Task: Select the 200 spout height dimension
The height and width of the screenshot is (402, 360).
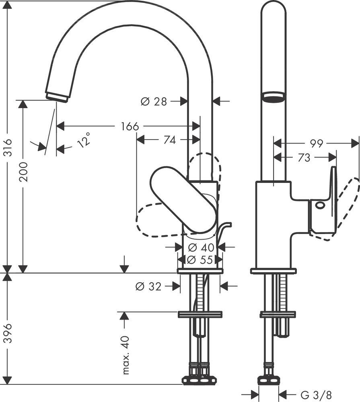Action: pyautogui.click(x=23, y=172)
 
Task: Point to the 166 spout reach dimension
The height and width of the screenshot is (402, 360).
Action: pyautogui.click(x=130, y=126)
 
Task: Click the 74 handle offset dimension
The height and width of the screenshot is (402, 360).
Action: pyautogui.click(x=169, y=140)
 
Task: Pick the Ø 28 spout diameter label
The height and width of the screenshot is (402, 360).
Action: pyautogui.click(x=154, y=102)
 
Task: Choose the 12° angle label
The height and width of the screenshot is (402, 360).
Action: pyautogui.click(x=84, y=140)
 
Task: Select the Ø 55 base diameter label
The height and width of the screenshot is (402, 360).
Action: pyautogui.click(x=200, y=260)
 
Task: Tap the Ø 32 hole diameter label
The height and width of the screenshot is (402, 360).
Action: pyautogui.click(x=149, y=286)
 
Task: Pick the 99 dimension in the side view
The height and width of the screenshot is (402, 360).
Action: pyautogui.click(x=317, y=143)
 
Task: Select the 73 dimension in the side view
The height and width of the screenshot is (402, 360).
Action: pyautogui.click(x=304, y=158)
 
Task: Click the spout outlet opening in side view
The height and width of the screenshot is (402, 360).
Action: pyautogui.click(x=274, y=96)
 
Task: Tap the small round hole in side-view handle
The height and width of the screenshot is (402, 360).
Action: pyautogui.click(x=320, y=205)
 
